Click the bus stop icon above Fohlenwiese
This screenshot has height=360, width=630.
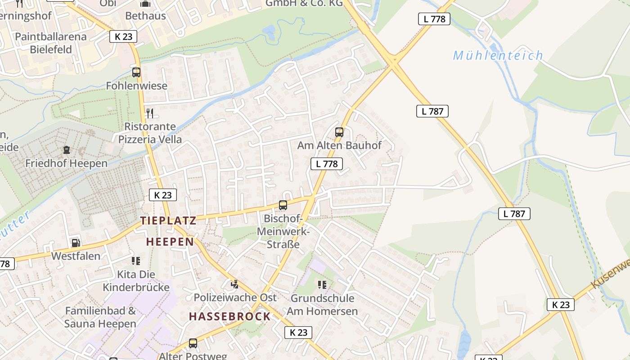click(136, 72)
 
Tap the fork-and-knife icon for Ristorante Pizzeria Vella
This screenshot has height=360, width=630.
click(150, 113)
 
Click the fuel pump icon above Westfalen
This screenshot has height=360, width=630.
click(76, 243)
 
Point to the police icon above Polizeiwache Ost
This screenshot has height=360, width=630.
click(234, 284)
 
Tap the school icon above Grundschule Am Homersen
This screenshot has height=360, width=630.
click(322, 284)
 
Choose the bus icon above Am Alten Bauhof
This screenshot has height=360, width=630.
click(339, 132)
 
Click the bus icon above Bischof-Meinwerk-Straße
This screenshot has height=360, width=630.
click(283, 205)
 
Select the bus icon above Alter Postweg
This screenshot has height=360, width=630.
click(193, 343)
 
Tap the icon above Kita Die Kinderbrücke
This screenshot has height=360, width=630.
click(135, 261)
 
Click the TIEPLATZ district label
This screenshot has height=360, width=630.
click(168, 220)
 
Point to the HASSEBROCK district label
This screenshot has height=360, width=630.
click(229, 316)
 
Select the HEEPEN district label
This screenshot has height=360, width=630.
click(170, 242)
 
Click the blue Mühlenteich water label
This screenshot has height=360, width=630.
click(498, 56)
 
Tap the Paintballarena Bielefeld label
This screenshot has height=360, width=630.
click(51, 43)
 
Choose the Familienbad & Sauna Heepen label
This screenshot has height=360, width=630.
click(100, 317)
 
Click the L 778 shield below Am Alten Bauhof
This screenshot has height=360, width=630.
click(327, 164)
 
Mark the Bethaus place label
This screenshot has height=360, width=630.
click(145, 16)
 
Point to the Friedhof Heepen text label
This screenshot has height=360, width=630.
click(67, 163)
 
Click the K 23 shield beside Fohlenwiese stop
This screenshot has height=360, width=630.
click(123, 36)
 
